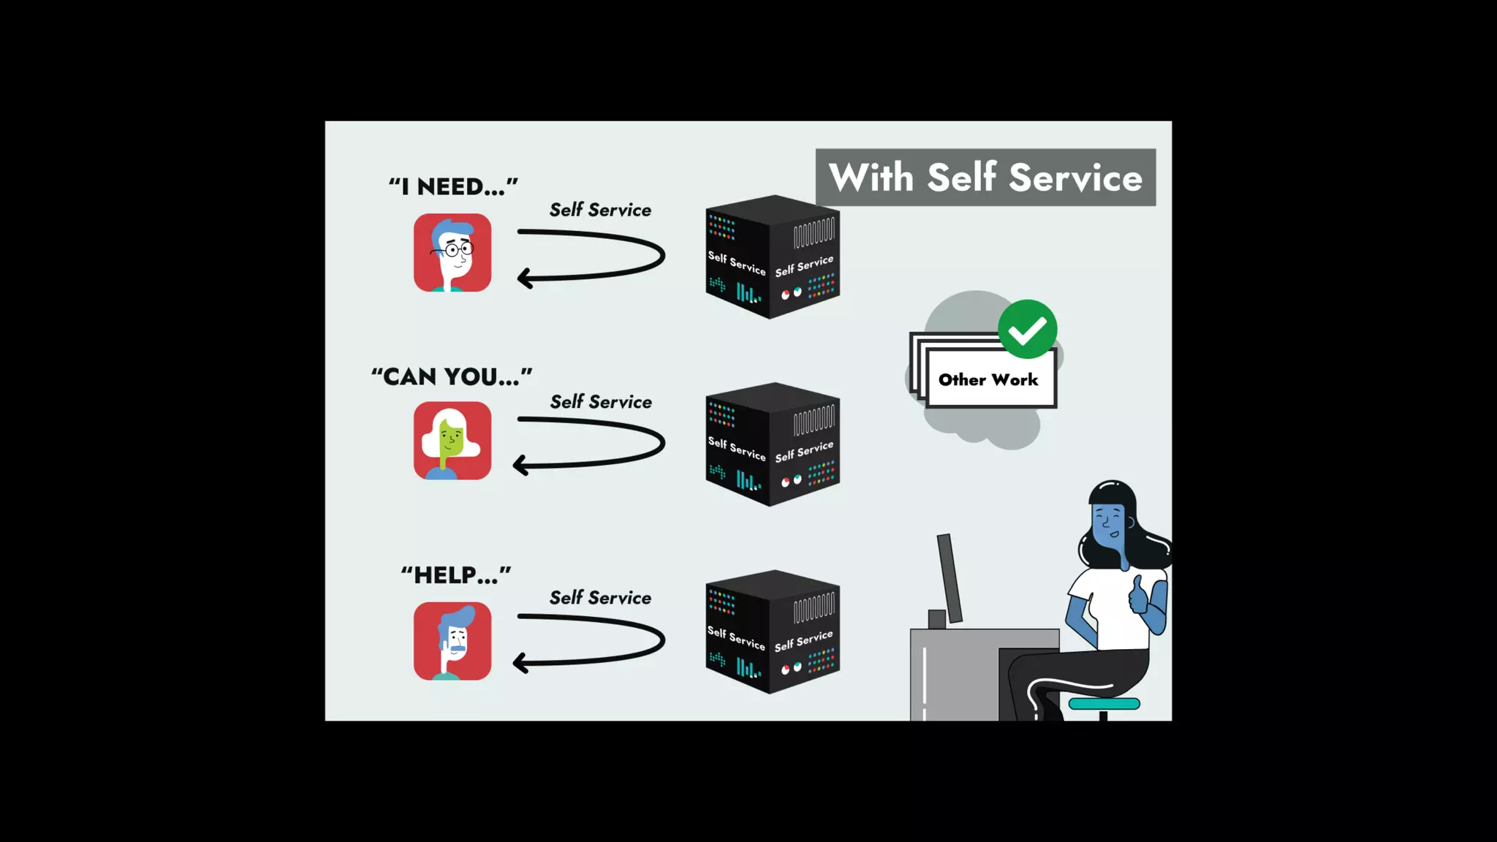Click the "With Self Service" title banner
tap(985, 178)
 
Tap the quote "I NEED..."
tap(453, 186)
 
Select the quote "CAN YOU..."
tap(452, 376)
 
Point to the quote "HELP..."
tap(455, 575)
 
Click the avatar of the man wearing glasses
tap(452, 253)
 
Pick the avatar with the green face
tap(452, 441)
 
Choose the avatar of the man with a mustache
tap(452, 641)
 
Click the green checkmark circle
tap(1027, 330)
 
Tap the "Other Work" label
tap(988, 379)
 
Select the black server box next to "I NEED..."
tap(772, 257)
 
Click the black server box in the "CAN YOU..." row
tap(772, 444)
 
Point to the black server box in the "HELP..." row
tap(772, 632)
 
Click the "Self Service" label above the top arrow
tap(600, 210)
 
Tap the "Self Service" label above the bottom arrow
tap(600, 598)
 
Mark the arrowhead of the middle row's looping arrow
tap(520, 465)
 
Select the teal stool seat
tap(1104, 704)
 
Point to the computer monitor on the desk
tap(950, 577)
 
